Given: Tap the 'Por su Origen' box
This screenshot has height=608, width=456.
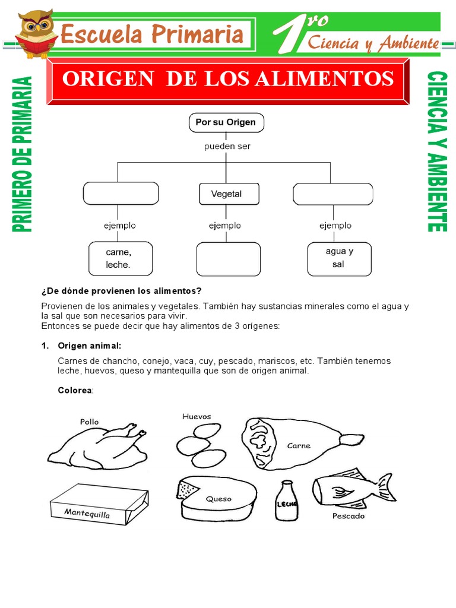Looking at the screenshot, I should [226, 123].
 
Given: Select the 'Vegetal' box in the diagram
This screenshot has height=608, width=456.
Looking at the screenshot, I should [226, 194].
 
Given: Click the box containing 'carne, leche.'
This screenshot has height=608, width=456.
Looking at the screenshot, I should [121, 258].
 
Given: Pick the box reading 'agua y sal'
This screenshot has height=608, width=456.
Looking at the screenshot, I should [339, 258].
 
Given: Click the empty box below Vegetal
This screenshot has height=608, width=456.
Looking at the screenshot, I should [228, 258].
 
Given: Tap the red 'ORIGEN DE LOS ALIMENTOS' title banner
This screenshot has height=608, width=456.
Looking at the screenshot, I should [228, 80].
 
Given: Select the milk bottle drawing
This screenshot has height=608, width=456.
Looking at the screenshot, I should [287, 501].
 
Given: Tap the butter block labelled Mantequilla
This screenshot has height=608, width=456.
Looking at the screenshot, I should [98, 504].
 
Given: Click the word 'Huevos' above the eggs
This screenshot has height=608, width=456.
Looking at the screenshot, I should [197, 417].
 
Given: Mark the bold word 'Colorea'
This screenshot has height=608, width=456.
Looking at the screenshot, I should [75, 390].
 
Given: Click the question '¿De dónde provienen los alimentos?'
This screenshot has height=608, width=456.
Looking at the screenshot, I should [121, 290].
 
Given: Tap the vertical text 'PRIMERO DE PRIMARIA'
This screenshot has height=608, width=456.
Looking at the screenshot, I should [22, 154].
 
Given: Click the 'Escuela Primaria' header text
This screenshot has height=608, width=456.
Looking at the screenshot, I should [152, 34].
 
